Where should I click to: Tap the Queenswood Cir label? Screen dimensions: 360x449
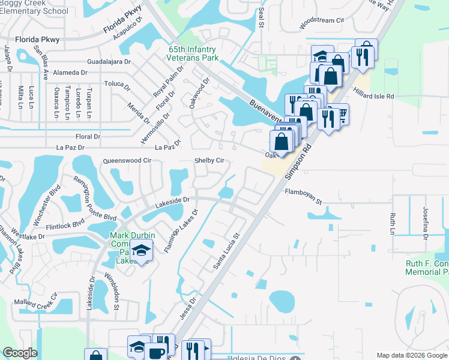(x=127, y=161)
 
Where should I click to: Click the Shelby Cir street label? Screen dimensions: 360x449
(x=209, y=161)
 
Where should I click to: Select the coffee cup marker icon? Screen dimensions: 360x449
(x=158, y=352)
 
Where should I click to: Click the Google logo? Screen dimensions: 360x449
(x=20, y=353)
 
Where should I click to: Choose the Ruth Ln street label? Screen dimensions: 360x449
(x=393, y=224)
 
